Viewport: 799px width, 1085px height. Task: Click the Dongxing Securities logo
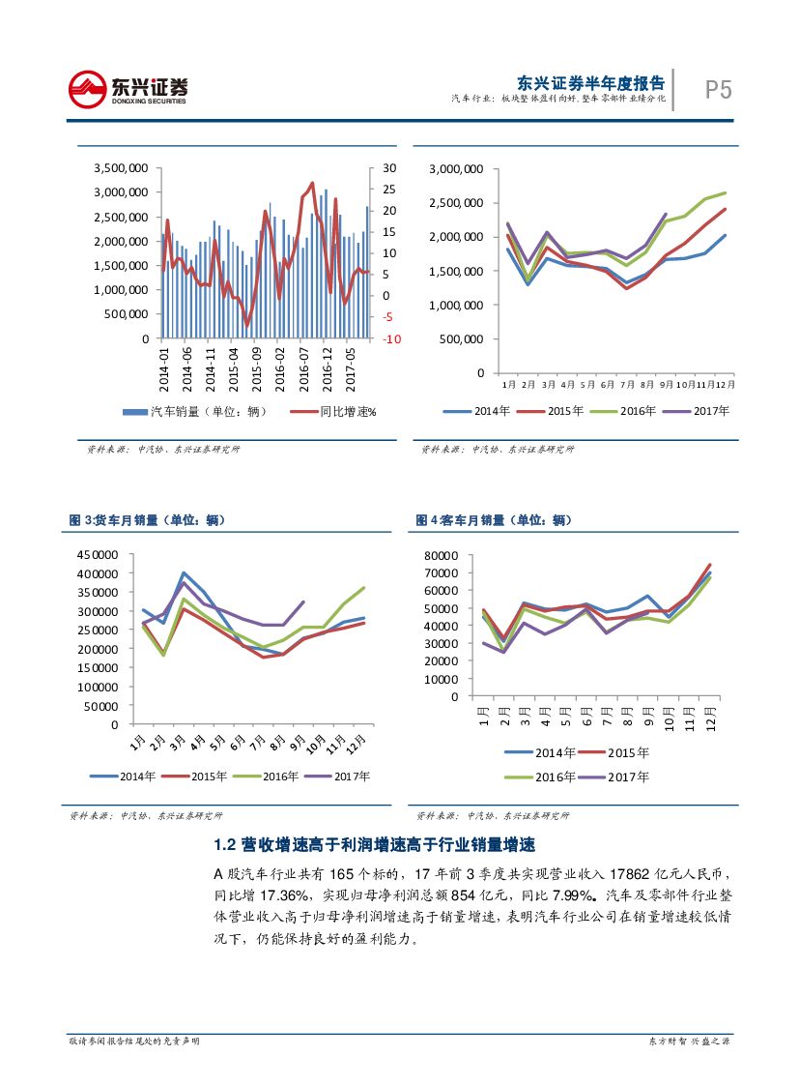pyautogui.click(x=128, y=89)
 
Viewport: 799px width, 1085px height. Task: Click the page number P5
pyautogui.click(x=717, y=90)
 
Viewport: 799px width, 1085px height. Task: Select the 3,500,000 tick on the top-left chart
pyautogui.click(x=121, y=167)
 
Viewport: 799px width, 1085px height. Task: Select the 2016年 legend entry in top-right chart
pyautogui.click(x=629, y=411)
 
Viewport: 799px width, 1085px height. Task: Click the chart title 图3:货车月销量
pyautogui.click(x=147, y=520)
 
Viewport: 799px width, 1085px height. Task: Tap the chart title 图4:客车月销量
pyautogui.click(x=490, y=520)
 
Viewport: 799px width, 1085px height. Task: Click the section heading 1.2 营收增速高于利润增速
pyautogui.click(x=374, y=845)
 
